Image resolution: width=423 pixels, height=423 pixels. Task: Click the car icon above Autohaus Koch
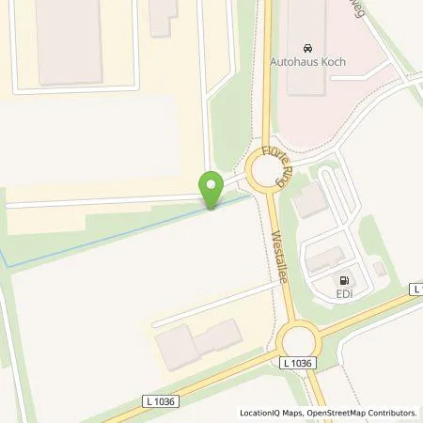[307, 48]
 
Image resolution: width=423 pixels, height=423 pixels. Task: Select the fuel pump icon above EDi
[345, 278]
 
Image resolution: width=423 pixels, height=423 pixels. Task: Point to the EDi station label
[345, 295]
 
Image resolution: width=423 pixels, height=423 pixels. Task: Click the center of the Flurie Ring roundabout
[265, 174]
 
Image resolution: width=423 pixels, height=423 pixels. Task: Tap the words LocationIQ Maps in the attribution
[272, 413]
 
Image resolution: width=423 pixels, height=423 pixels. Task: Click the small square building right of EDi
[379, 270]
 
